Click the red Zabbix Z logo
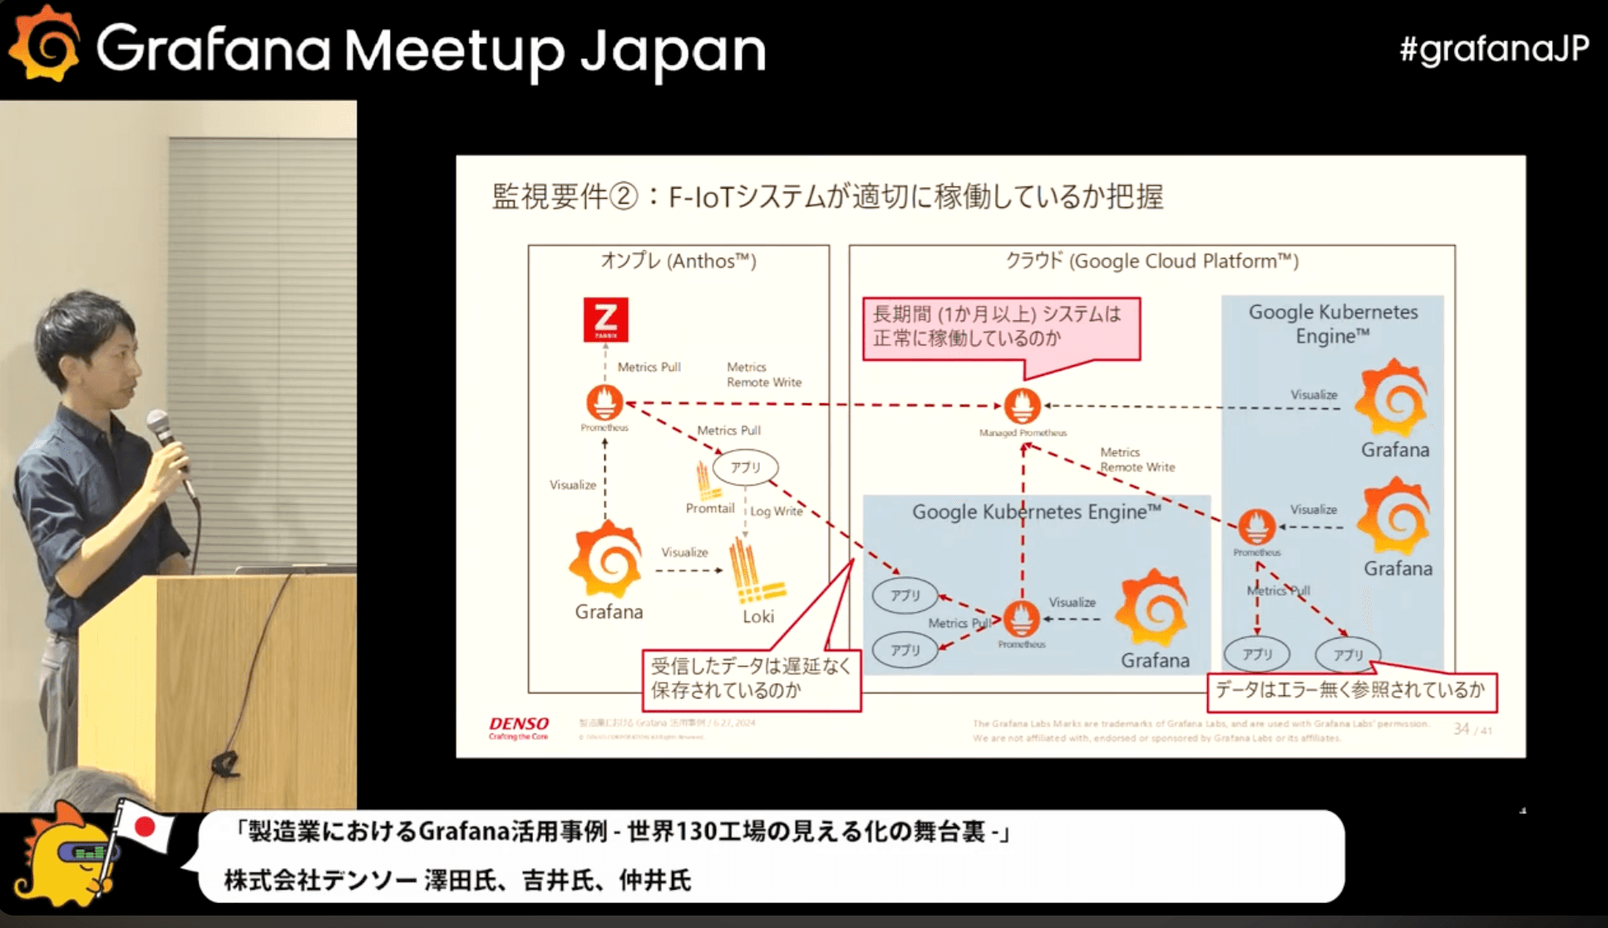point(605,319)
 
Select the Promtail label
point(709,508)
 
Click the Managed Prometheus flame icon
point(1022,407)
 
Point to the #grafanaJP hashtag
point(1494,49)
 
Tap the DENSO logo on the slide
point(519,725)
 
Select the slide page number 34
point(1461,729)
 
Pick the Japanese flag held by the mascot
point(145,827)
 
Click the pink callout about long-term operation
point(1000,327)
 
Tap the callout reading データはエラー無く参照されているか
point(1350,690)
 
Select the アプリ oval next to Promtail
point(745,467)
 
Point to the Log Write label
point(777,511)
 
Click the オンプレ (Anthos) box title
point(678,261)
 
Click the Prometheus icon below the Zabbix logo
point(604,403)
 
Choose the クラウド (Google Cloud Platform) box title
point(1152,261)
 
